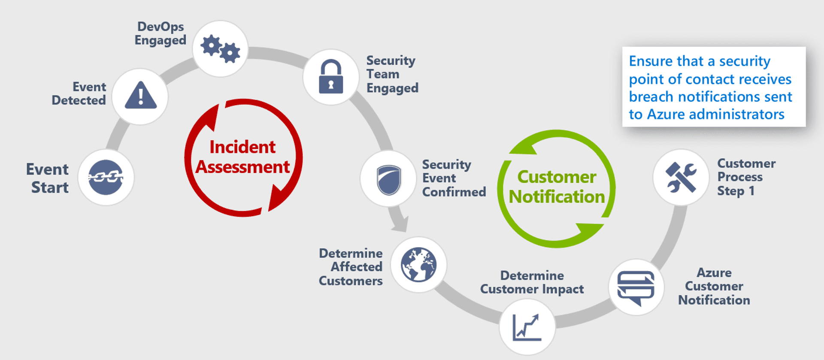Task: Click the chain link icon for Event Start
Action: click(x=106, y=177)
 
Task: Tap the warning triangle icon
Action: click(x=140, y=96)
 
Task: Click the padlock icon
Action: click(x=331, y=76)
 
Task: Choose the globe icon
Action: click(x=418, y=265)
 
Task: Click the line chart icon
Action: click(x=527, y=327)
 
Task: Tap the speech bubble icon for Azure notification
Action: click(x=636, y=288)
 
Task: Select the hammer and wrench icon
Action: click(x=681, y=177)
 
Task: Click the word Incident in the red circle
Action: click(x=242, y=147)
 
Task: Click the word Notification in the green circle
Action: click(x=557, y=197)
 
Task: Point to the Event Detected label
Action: click(x=79, y=94)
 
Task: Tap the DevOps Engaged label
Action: click(x=161, y=33)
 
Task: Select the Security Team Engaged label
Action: click(x=392, y=74)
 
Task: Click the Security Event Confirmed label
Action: click(x=454, y=178)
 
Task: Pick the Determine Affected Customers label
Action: click(x=351, y=267)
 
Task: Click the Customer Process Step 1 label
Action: click(x=746, y=177)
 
